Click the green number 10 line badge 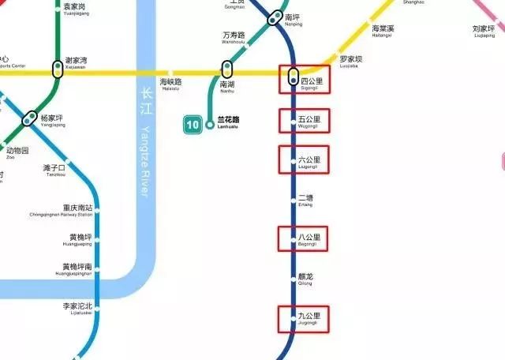[192, 124]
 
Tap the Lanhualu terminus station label [227, 122]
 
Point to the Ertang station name [305, 200]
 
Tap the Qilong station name [305, 279]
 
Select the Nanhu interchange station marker [227, 69]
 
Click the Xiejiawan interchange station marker [58, 69]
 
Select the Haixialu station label [171, 83]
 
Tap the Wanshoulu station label [234, 37]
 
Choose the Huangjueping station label [80, 238]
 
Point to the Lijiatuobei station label [77, 308]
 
